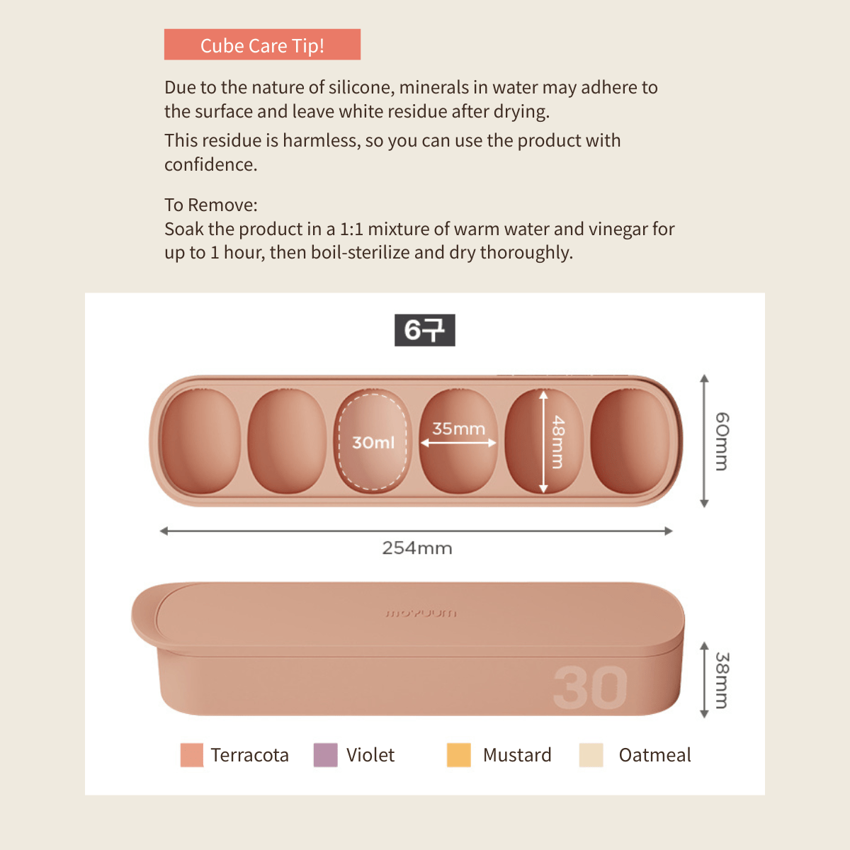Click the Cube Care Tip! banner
(x=262, y=45)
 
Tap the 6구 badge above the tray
(x=424, y=330)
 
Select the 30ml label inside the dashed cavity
(x=373, y=443)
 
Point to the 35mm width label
(x=458, y=429)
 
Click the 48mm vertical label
(x=558, y=441)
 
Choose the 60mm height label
(x=722, y=441)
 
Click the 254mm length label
(x=416, y=548)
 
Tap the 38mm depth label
(x=722, y=680)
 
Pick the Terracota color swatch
(x=192, y=754)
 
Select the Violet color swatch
(x=326, y=754)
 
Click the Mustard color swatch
(x=459, y=754)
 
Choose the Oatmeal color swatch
(x=591, y=754)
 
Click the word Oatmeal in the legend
(x=654, y=754)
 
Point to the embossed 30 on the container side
(x=590, y=687)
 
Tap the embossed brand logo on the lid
(x=421, y=613)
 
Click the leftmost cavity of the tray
(x=201, y=441)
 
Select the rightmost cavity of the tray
(x=630, y=441)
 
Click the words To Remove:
(x=211, y=205)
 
